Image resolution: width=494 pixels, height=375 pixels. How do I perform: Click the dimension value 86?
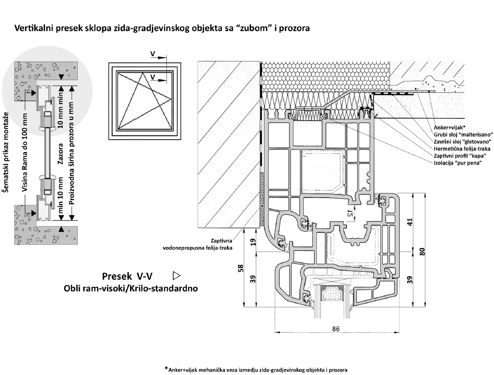point(336,329)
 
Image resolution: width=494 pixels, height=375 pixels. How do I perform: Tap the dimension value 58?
point(241,268)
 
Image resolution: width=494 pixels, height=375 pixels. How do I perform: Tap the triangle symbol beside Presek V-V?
point(175,275)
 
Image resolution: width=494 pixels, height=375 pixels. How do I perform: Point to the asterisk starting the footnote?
point(166,368)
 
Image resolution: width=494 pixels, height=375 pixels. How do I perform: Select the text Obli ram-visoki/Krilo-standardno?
point(130,288)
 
